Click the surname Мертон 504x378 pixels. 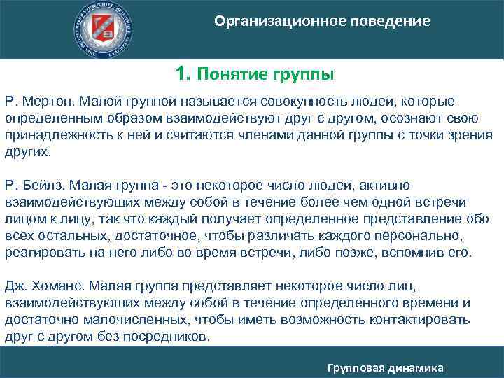click(x=48, y=102)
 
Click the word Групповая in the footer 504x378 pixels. click(x=358, y=367)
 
